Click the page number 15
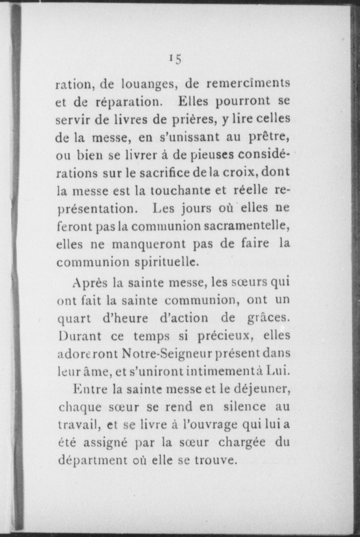coord(175,59)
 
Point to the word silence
coord(245,407)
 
